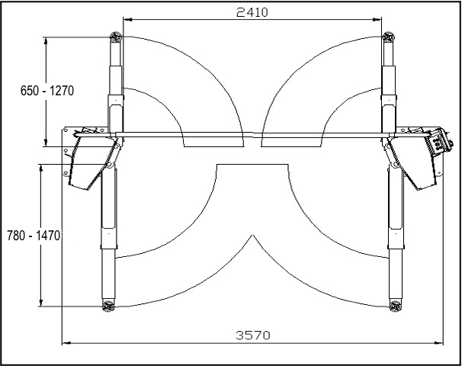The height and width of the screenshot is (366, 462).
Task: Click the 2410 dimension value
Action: coord(252,12)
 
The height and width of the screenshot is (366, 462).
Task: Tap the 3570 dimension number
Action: coord(253,335)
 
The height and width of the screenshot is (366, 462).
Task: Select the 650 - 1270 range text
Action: coord(47,91)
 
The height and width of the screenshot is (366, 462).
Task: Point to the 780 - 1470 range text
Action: coord(34,236)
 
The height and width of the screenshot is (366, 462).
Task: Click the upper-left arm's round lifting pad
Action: coord(116,37)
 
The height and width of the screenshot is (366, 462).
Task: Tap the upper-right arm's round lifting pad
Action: coord(388,37)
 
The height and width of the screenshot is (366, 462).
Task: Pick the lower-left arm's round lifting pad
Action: coord(108,306)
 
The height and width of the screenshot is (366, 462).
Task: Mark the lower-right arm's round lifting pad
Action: coord(396,306)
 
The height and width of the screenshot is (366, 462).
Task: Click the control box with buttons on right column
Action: coord(438,142)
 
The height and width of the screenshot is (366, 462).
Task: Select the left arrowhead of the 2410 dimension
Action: coord(127,20)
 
